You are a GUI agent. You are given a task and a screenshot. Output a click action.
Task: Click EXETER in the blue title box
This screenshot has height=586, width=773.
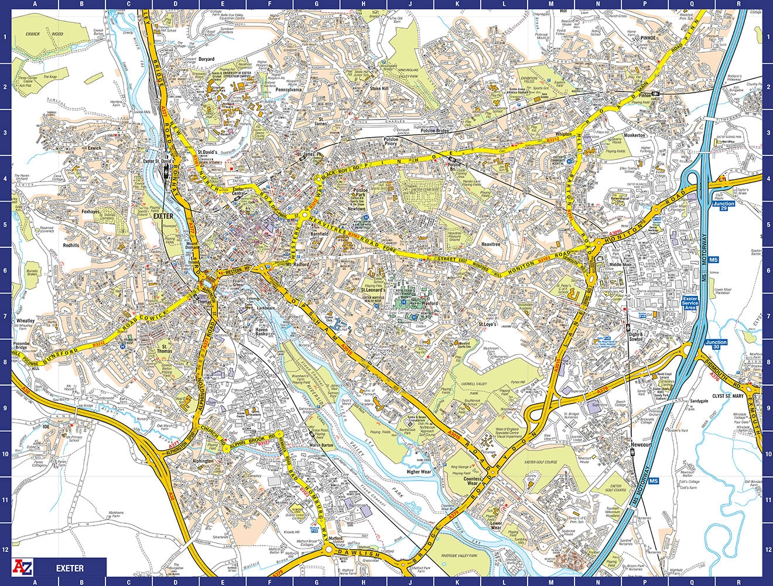pyautogui.click(x=70, y=568)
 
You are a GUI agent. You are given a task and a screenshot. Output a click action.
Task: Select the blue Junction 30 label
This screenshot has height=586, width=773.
pyautogui.click(x=716, y=345)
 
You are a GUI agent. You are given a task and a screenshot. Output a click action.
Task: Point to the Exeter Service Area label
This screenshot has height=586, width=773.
pyautogui.click(x=691, y=303)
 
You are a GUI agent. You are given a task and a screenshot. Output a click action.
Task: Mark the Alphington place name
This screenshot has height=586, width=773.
pyautogui.click(x=203, y=461)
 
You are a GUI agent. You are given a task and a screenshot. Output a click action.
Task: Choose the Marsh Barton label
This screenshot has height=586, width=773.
pyautogui.click(x=321, y=461)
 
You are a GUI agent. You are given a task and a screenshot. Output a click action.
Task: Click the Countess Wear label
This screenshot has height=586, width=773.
pyautogui.click(x=473, y=482)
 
